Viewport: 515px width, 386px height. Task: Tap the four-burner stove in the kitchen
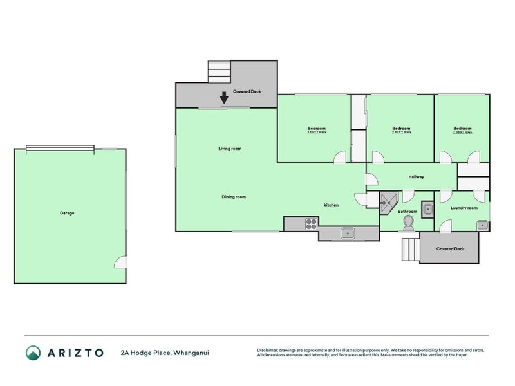coord(311,224)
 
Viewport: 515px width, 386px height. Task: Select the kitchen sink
coord(346,234)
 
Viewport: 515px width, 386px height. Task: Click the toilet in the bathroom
coord(407,223)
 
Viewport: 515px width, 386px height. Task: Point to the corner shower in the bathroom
coord(388,201)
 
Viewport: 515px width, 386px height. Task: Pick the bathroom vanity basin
coord(428,208)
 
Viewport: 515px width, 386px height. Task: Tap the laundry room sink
coord(482,225)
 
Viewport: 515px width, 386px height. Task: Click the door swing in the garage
coord(120,262)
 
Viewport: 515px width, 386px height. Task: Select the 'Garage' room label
coord(67,212)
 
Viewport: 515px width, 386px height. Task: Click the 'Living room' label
coord(230,149)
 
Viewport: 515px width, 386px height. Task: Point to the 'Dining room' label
coord(234,197)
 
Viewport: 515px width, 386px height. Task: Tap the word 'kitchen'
coord(331,205)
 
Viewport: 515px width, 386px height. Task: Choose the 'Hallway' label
coord(416,177)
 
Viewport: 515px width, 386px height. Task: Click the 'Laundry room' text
coord(464,208)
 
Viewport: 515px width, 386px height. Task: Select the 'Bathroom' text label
coord(407,211)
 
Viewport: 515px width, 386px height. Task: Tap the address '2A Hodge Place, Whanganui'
coord(164,353)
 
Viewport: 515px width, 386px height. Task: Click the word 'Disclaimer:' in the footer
coord(270,350)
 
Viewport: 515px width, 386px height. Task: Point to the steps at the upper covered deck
coord(218,70)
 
